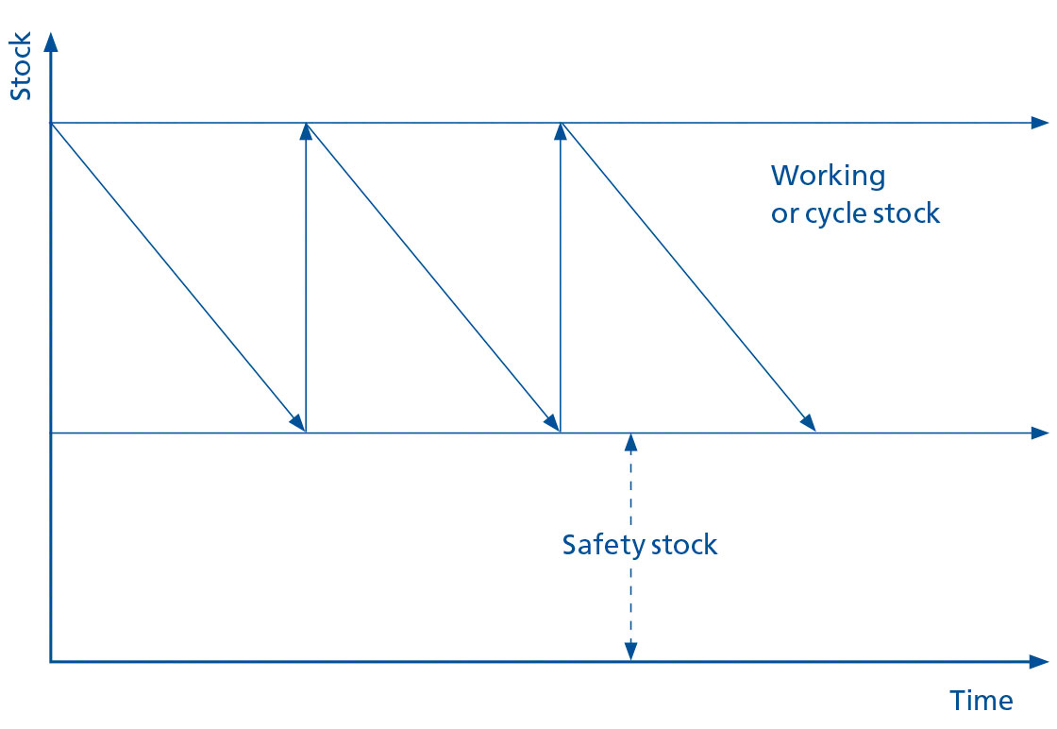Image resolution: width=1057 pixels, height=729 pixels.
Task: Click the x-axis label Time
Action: (x=981, y=701)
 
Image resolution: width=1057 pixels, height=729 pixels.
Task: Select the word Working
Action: (x=828, y=177)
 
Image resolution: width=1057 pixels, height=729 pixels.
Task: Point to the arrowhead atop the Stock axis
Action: (x=51, y=42)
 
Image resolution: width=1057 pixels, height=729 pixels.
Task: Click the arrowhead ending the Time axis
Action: (x=1040, y=661)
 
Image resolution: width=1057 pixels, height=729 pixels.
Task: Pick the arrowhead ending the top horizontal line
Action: (x=1040, y=123)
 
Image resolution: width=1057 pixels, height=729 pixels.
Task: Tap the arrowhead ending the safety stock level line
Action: (x=1040, y=432)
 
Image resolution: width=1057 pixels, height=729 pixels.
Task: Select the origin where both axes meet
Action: (x=51, y=661)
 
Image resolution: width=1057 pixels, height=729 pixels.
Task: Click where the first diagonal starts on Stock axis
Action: (x=51, y=123)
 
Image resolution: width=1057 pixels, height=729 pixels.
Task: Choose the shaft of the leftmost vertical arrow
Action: (x=306, y=283)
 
